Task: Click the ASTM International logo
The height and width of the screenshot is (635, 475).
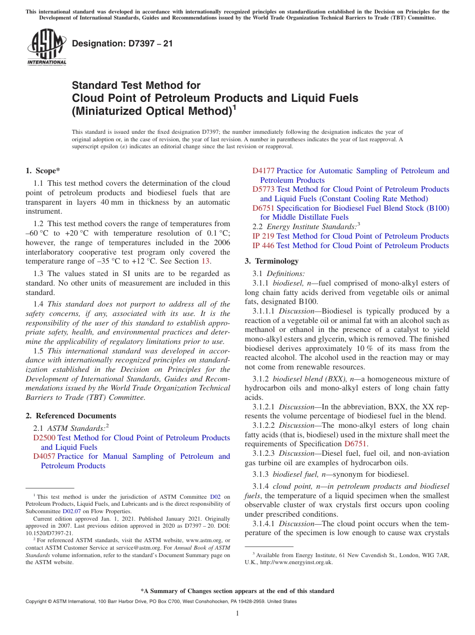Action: tap(46, 47)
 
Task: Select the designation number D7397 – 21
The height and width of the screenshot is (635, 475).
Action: tap(122, 43)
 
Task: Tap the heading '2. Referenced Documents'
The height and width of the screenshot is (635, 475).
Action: tap(70, 416)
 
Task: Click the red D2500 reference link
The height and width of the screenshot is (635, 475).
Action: tap(44, 438)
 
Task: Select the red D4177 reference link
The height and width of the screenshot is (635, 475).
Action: tap(263, 171)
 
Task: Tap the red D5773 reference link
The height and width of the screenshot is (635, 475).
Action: tap(263, 189)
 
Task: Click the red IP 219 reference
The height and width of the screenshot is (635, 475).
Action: tap(263, 236)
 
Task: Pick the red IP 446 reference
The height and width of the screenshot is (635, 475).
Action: tap(263, 246)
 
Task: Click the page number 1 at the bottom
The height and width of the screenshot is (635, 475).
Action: tap(237, 614)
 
